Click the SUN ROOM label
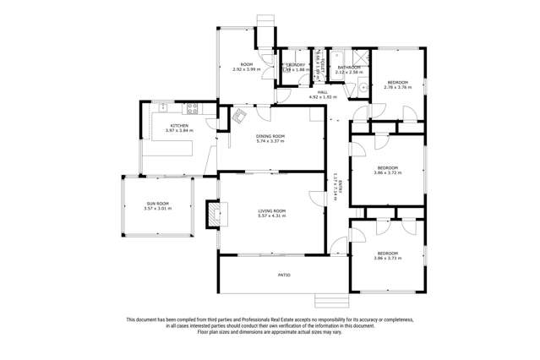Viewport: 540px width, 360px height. [x=157, y=204]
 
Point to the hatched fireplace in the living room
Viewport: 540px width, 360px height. [x=212, y=215]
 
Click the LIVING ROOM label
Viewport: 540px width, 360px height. [x=271, y=210]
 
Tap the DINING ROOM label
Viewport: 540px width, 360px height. [x=271, y=136]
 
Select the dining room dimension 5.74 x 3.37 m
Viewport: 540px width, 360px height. [x=271, y=141]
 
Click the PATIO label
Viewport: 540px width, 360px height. [x=285, y=275]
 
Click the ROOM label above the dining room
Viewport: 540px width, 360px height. [x=247, y=64]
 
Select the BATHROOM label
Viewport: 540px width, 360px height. [x=349, y=67]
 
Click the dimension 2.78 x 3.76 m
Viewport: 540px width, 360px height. [x=397, y=86]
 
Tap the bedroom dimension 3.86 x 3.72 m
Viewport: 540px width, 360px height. [x=388, y=172]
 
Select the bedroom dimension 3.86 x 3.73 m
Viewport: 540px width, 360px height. [x=388, y=258]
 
